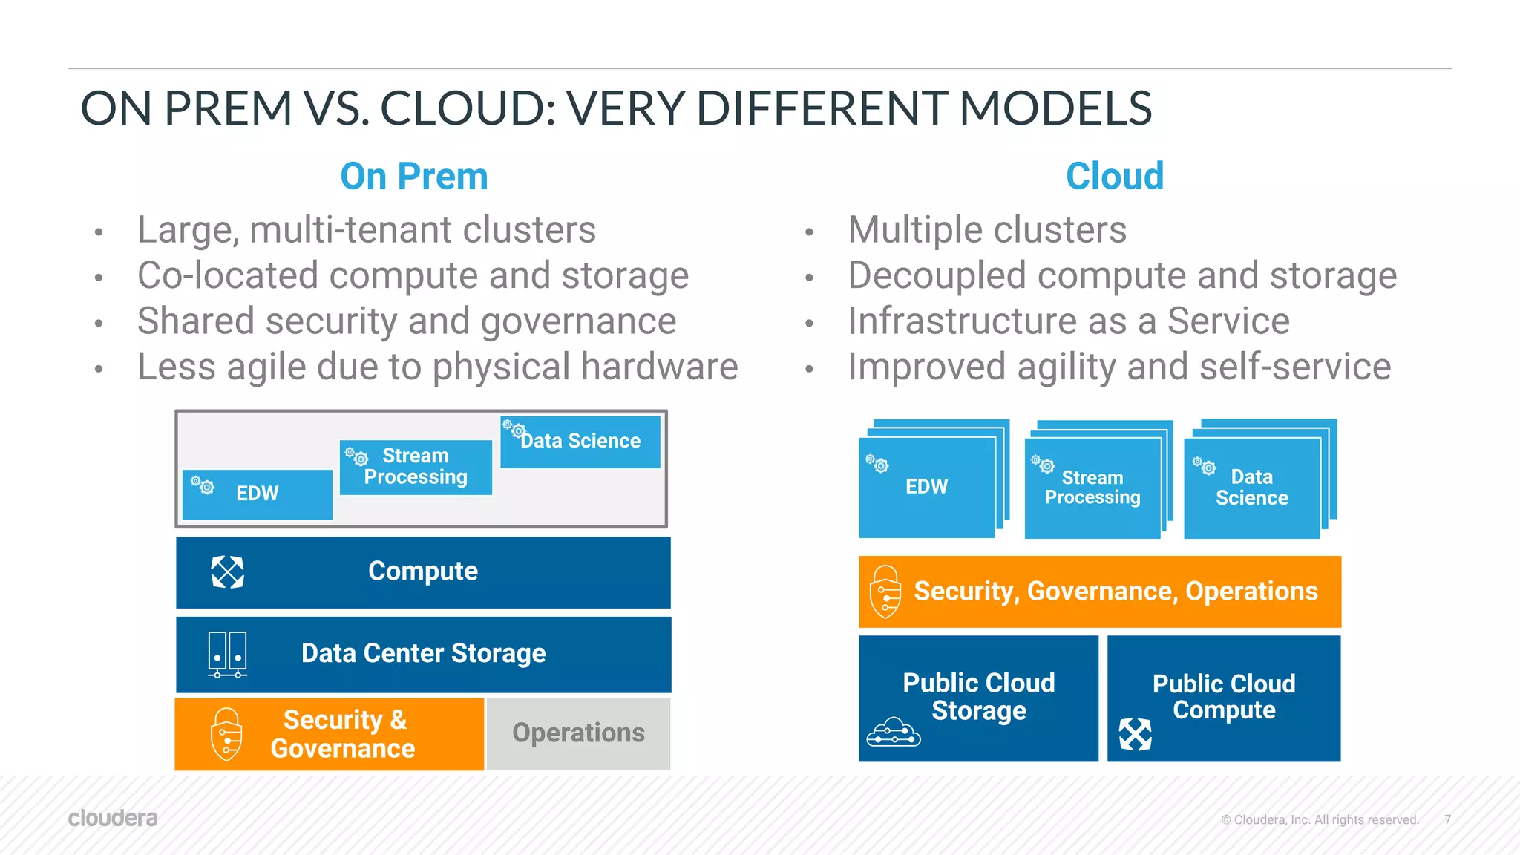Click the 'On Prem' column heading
[x=413, y=177]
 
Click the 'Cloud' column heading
[x=1114, y=177]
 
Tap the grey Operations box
[x=578, y=733]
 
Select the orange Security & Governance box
[x=330, y=733]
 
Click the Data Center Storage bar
[x=423, y=653]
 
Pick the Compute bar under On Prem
[x=423, y=571]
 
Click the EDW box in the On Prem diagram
[x=257, y=494]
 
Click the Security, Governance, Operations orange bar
[x=1100, y=592]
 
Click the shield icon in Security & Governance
[x=226, y=734]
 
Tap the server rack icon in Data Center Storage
[x=227, y=654]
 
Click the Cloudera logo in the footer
[x=113, y=818]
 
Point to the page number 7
[x=1447, y=819]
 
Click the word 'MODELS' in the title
[x=1055, y=108]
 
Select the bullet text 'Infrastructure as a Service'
[x=1068, y=321]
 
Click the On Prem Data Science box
[x=580, y=442]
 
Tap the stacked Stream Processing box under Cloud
[x=1092, y=487]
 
